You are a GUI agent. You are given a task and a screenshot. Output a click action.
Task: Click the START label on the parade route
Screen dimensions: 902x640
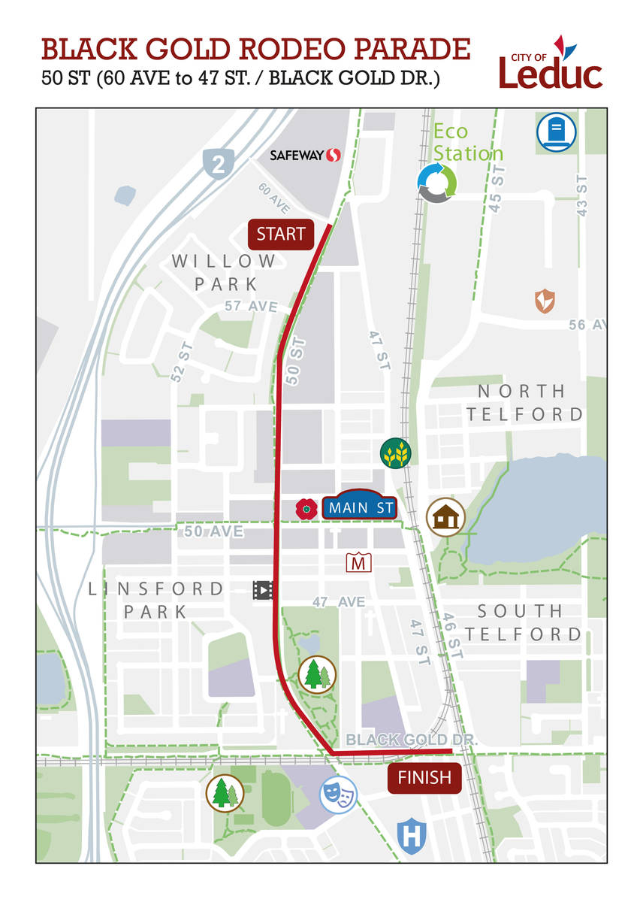point(281,234)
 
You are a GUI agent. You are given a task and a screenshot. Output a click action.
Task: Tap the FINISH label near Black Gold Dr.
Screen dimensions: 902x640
point(424,777)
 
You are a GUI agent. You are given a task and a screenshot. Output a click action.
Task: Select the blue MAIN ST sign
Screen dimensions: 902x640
point(360,508)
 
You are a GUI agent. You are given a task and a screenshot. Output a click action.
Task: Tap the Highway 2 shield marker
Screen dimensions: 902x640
point(218,163)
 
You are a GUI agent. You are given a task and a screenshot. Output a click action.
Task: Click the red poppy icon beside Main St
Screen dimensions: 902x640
point(306,509)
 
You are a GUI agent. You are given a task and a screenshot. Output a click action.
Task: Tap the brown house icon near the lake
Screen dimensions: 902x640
point(446,517)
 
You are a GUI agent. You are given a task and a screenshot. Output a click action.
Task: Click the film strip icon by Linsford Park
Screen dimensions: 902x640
point(263,590)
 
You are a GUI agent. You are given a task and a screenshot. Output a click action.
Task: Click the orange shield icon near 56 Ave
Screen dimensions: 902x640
point(545,301)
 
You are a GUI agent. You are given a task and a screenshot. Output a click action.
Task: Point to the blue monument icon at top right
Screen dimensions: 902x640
point(557,132)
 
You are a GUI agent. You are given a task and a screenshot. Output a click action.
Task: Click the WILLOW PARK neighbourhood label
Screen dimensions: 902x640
point(225,272)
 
